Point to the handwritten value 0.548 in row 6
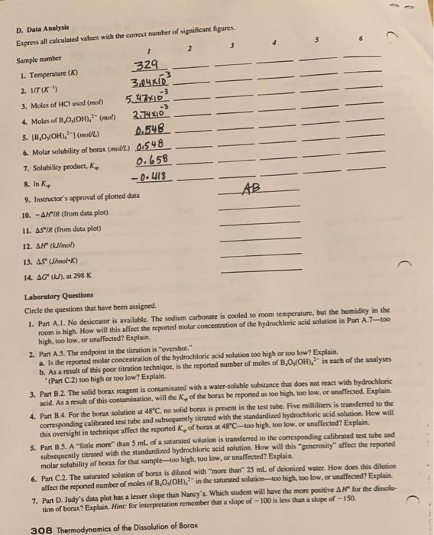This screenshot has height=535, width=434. pos(148,144)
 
